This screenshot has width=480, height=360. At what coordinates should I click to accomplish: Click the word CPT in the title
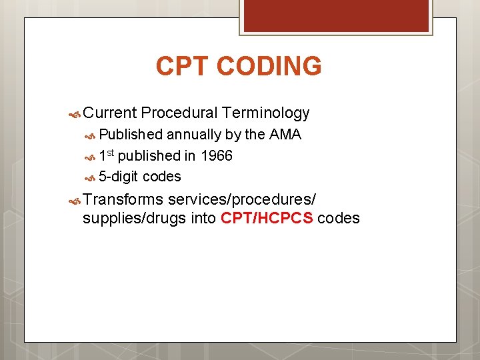tap(182, 67)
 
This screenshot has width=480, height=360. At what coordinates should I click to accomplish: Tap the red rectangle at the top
tap(336, 15)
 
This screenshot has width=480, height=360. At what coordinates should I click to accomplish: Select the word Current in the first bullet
tap(110, 113)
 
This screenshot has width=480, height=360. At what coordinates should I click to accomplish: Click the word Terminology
tap(266, 113)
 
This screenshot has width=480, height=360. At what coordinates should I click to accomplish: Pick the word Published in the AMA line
tap(131, 135)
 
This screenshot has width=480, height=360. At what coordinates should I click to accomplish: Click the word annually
tap(194, 135)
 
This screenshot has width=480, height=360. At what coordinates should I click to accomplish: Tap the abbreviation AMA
tap(285, 135)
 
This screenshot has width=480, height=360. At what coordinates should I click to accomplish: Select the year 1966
tap(216, 156)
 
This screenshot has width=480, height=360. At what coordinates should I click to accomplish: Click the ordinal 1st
tap(106, 156)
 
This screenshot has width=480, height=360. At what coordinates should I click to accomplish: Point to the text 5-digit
tap(119, 177)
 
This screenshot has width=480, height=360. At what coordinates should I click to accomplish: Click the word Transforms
tap(123, 199)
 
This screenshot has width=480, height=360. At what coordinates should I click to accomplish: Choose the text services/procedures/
tap(243, 199)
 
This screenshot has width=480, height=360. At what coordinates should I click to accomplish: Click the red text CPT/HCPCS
tap(267, 218)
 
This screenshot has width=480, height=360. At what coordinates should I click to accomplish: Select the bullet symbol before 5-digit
tap(91, 177)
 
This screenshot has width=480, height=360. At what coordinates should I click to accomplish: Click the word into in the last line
tap(203, 218)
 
